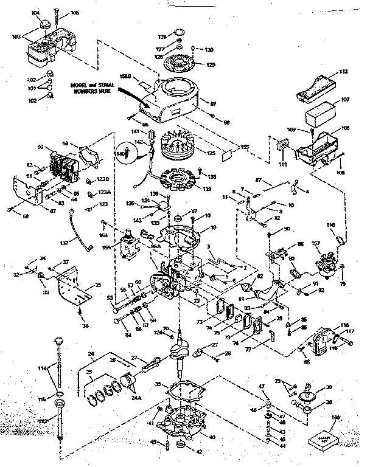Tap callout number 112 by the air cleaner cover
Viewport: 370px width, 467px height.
pyautogui.click(x=343, y=72)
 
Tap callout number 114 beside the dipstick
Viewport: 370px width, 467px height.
pyautogui.click(x=42, y=368)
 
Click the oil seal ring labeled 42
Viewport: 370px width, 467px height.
pyautogui.click(x=180, y=449)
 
